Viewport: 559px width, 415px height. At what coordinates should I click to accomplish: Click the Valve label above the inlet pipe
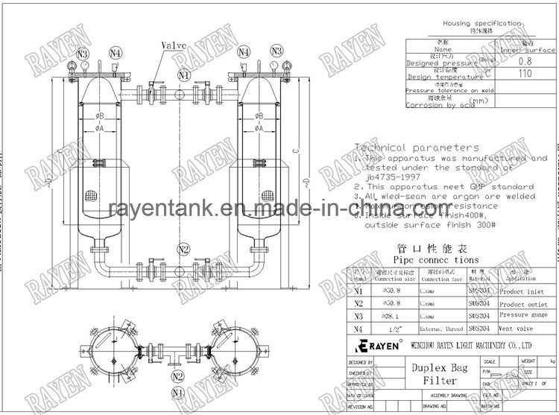[x=171, y=45]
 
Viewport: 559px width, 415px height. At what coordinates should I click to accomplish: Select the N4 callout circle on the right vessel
[x=244, y=51]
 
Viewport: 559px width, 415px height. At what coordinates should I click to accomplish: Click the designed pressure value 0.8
[x=525, y=63]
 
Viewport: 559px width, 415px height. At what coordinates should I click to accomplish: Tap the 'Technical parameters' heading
[x=415, y=148]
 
